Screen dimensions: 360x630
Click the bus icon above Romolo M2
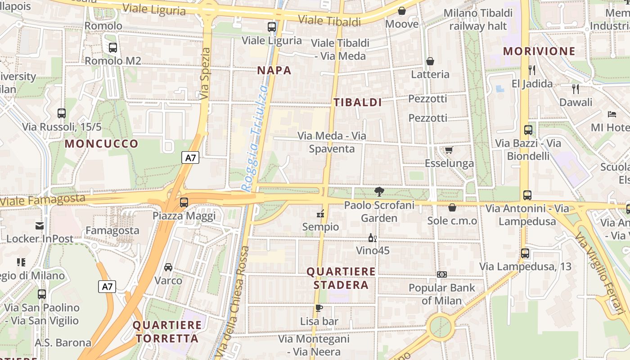point(112,47)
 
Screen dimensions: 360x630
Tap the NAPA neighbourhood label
point(274,70)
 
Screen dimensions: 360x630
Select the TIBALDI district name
point(358,103)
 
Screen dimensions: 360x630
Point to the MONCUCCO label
point(102,144)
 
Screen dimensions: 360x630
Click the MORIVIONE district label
point(539,51)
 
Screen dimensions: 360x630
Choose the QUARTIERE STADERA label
point(341,278)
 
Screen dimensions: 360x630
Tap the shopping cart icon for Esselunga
point(449,150)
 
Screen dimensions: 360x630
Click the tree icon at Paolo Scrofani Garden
point(379,192)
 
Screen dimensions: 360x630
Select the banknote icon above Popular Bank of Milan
point(441,274)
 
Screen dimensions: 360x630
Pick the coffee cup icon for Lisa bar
point(319,308)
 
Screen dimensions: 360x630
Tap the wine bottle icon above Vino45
point(372,238)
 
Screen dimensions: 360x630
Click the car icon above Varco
point(168,267)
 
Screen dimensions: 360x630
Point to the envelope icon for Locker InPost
point(40,225)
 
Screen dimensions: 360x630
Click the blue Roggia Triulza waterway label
point(255,139)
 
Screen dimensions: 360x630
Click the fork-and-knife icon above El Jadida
point(532,70)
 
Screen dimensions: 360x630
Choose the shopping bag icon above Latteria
point(430,61)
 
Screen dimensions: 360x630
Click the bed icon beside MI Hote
point(612,114)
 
